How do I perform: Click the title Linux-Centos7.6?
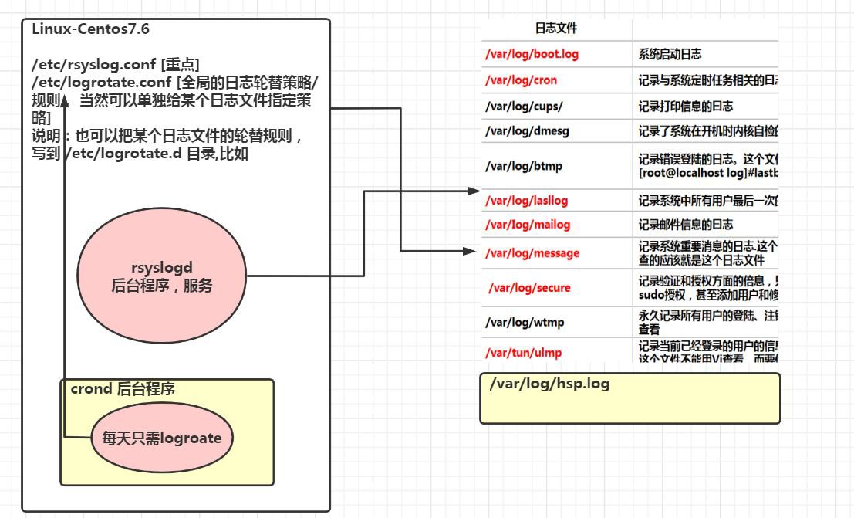[x=91, y=29]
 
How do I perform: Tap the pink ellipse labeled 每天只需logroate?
[x=161, y=438]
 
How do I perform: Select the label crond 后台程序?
[x=123, y=388]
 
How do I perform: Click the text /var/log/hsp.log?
[x=549, y=384]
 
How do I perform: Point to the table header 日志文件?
[x=556, y=29]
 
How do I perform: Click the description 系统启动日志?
[x=670, y=55]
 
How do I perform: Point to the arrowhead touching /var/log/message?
[x=472, y=251]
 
